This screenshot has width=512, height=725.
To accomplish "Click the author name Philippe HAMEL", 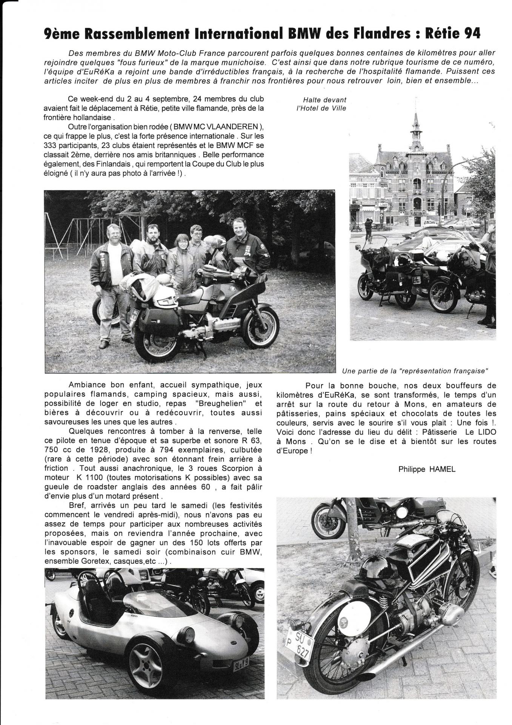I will pos(427,469).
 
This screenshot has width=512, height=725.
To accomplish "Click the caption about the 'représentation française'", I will pos(415,371).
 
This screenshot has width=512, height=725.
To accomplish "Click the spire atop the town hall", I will pos(416,113).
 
